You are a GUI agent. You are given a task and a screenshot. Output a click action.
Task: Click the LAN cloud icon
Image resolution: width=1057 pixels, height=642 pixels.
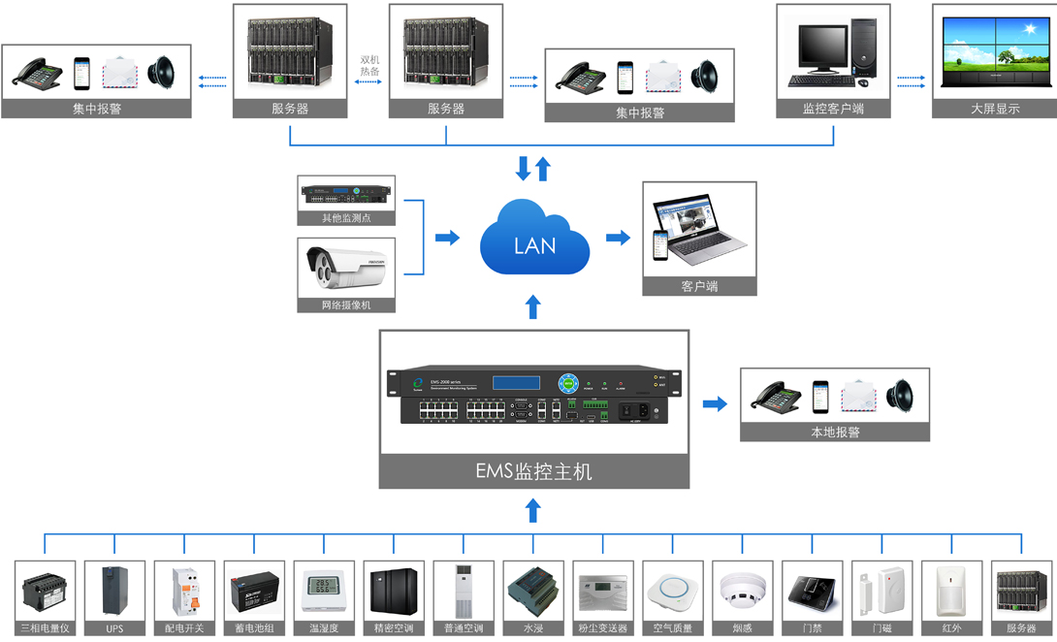tap(534, 239)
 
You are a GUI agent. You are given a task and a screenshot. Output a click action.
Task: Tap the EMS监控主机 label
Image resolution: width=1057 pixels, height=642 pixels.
tap(533, 472)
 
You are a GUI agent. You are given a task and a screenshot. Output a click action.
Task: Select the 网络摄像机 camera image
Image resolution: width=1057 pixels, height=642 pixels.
tap(346, 269)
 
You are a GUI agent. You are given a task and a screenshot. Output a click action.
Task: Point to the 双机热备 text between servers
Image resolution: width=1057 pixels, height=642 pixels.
tap(369, 66)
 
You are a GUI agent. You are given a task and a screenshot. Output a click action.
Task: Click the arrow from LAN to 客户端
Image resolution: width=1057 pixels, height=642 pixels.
tap(617, 238)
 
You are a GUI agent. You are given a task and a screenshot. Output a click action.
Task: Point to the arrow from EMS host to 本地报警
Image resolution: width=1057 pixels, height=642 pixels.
tap(715, 403)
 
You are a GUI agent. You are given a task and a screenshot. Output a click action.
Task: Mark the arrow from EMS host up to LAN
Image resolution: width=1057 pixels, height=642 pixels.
tap(532, 307)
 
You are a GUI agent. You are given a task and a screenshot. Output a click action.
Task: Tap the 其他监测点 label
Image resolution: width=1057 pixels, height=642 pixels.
tap(346, 218)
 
